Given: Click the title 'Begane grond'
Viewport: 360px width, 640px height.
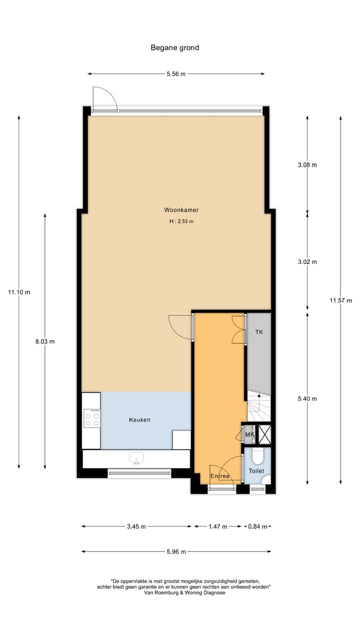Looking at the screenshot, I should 175,48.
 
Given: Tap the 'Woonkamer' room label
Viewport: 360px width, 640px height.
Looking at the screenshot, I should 177,210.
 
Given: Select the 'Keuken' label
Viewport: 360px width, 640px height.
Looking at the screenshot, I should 139,419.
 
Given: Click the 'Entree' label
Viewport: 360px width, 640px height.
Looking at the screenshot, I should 220,476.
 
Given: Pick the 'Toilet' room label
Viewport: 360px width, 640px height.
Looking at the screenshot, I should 256,471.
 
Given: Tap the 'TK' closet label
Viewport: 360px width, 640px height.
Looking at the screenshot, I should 259,332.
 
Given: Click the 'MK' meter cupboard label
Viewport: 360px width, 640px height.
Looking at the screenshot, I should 249,435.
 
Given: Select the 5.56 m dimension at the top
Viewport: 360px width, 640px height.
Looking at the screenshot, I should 176,74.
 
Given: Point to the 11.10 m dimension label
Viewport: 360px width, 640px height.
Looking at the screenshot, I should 19,292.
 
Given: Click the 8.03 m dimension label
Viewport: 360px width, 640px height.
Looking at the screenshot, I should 44,341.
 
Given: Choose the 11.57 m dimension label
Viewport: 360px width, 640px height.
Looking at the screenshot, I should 340,300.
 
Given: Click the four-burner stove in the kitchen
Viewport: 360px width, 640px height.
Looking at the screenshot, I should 91,418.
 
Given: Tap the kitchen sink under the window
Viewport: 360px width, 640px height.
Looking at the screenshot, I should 136,457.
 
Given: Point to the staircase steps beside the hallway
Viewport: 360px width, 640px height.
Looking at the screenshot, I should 259,406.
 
